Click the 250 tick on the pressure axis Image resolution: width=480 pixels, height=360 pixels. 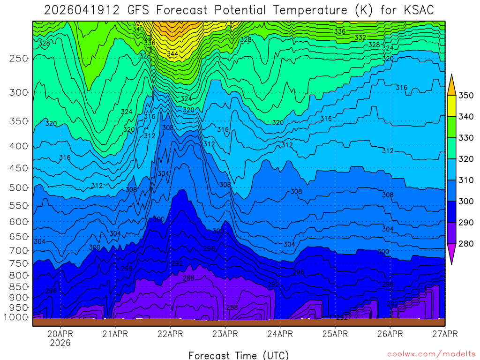tap(19, 58)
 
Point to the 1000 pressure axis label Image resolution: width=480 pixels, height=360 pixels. tap(18, 317)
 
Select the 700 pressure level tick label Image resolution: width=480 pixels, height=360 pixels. tap(19, 251)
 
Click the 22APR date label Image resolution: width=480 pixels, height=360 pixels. tap(170, 334)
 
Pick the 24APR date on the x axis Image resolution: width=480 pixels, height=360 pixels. tap(280, 334)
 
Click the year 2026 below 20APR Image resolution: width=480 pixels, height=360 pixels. tap(60, 343)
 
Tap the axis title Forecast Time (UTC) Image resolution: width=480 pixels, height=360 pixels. tap(239, 355)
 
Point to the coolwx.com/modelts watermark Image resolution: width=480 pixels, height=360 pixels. tap(431, 354)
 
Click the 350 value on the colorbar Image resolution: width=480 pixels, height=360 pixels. tap(465, 96)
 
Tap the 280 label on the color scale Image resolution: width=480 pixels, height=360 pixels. tap(465, 243)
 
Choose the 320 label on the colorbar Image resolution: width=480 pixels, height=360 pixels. tap(465, 159)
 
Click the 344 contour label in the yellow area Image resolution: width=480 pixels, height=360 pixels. tap(172, 54)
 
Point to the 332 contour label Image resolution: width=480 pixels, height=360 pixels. tap(360, 37)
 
